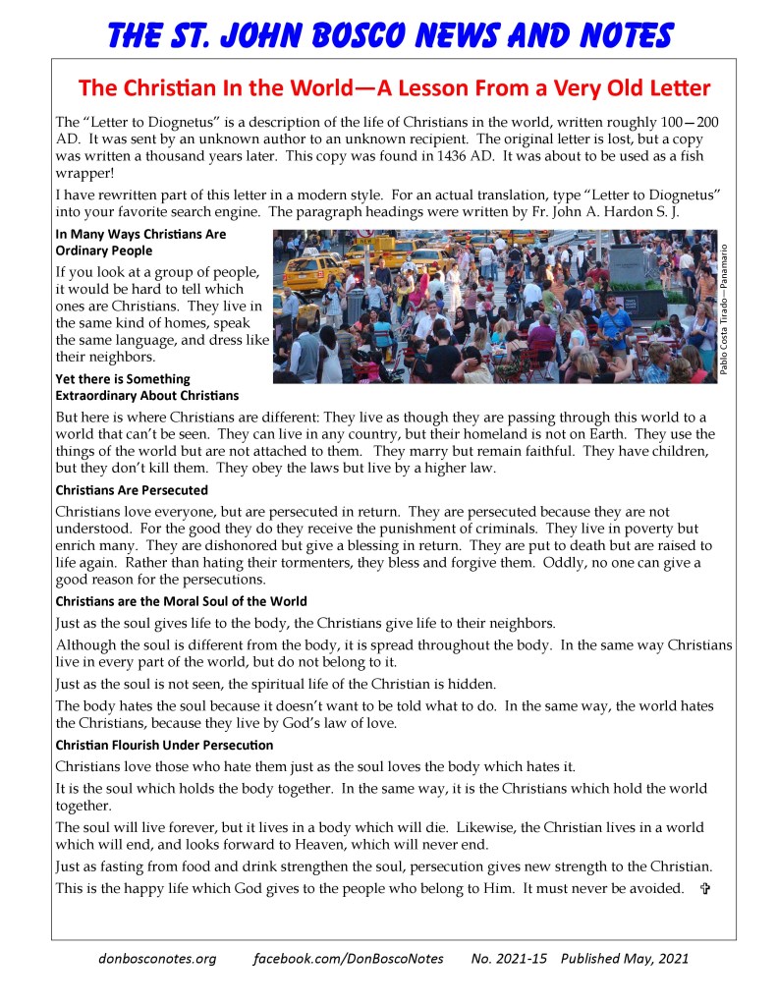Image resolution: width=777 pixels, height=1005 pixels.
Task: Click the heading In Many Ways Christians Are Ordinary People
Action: (x=140, y=243)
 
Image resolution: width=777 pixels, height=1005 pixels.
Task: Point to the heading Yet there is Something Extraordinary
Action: (x=147, y=387)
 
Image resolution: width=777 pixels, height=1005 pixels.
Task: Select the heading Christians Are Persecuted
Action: (x=132, y=489)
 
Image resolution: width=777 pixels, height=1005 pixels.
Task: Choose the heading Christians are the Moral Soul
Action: (x=181, y=601)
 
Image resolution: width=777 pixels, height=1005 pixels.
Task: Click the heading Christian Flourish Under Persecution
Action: (x=164, y=745)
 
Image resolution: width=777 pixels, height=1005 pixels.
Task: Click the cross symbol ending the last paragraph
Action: (x=704, y=889)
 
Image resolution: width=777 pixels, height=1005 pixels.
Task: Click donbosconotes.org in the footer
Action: (x=157, y=958)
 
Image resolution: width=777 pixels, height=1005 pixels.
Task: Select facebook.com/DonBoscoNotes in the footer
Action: (x=348, y=958)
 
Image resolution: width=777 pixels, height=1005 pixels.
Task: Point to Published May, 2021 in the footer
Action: (x=625, y=958)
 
